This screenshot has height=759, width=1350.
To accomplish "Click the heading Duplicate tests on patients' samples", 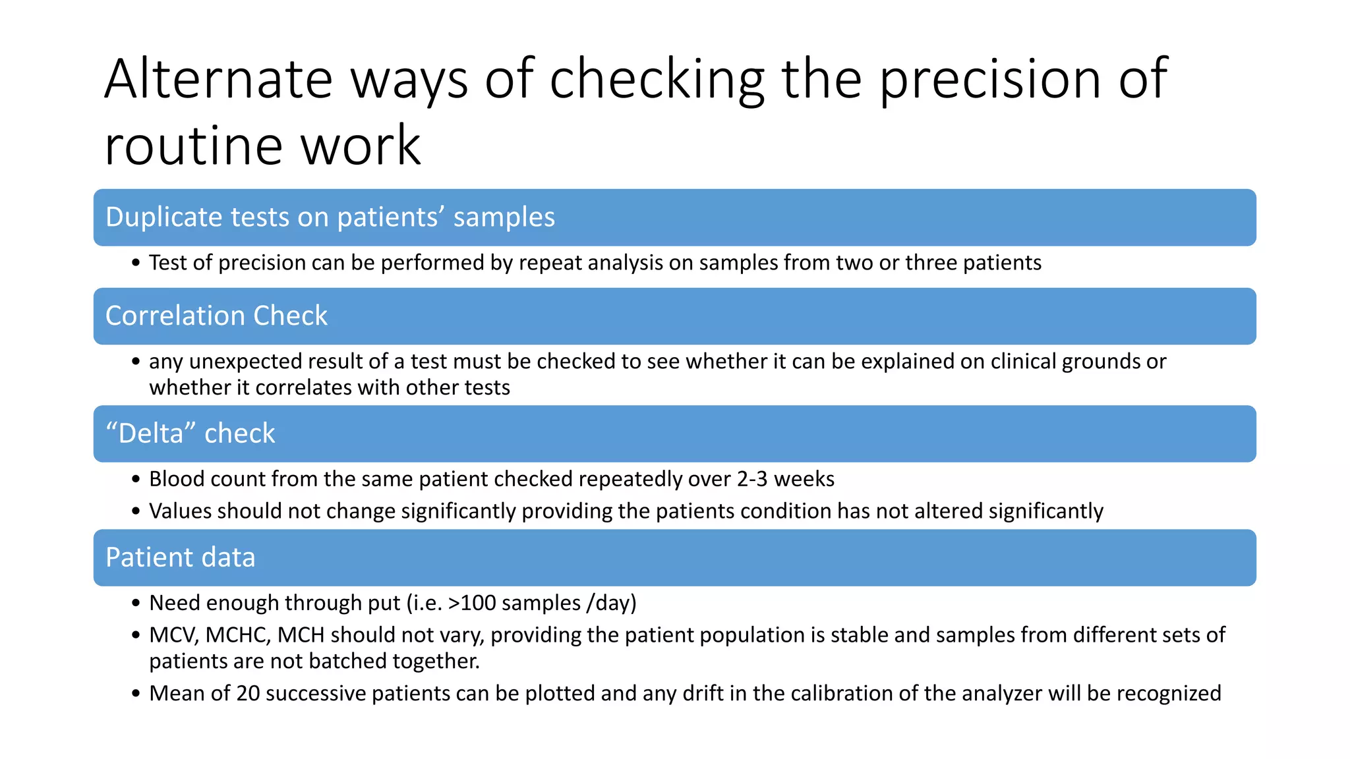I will [x=330, y=217].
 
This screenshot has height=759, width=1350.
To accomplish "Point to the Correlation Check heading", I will [x=216, y=316].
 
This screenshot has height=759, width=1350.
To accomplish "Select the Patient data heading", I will [x=180, y=557].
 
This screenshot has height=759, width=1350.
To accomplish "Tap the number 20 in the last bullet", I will [x=248, y=694].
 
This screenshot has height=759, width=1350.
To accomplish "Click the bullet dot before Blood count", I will [x=136, y=479].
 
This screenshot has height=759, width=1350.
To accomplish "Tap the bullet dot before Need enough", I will [x=136, y=603].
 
